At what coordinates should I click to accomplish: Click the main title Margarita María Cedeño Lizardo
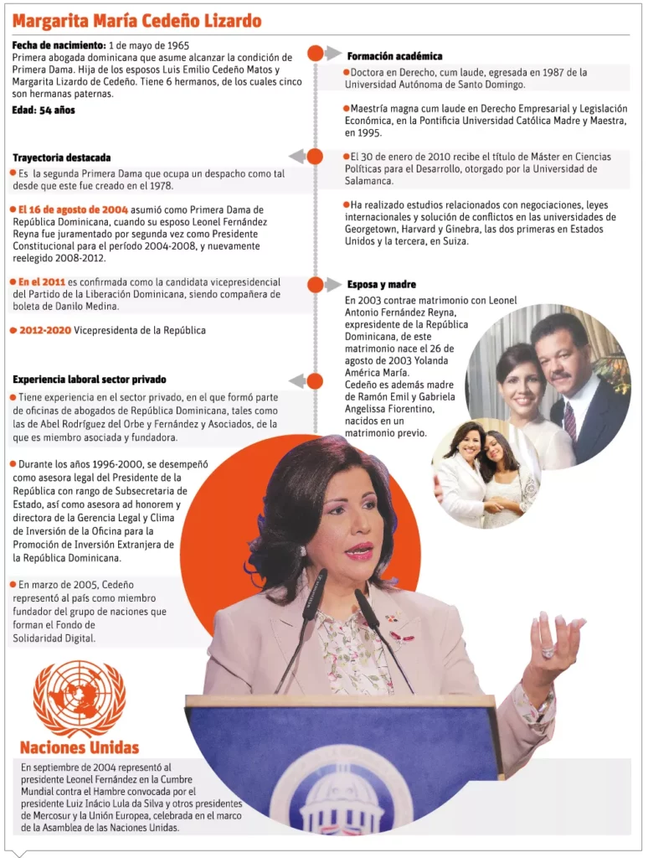[x=136, y=21]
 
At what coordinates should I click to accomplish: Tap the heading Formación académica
[x=394, y=56]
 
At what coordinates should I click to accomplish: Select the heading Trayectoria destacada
[x=62, y=158]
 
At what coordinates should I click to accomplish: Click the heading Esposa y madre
[x=381, y=284]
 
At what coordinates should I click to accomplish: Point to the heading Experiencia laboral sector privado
[x=90, y=380]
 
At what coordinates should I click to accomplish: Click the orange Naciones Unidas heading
[x=80, y=747]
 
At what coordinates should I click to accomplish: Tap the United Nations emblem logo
[x=79, y=699]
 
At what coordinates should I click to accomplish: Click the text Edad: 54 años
[x=44, y=111]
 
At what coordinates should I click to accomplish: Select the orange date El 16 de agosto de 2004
[x=69, y=209]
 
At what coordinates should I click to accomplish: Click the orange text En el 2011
[x=42, y=282]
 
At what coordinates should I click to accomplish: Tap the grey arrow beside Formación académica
[x=333, y=54]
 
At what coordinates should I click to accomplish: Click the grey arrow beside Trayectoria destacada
[x=296, y=157]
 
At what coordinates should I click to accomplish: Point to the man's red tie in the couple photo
[x=570, y=419]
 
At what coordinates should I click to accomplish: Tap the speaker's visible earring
[x=303, y=551]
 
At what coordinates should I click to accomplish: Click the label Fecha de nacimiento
[x=59, y=44]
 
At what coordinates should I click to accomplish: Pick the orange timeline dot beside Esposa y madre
[x=316, y=285]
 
